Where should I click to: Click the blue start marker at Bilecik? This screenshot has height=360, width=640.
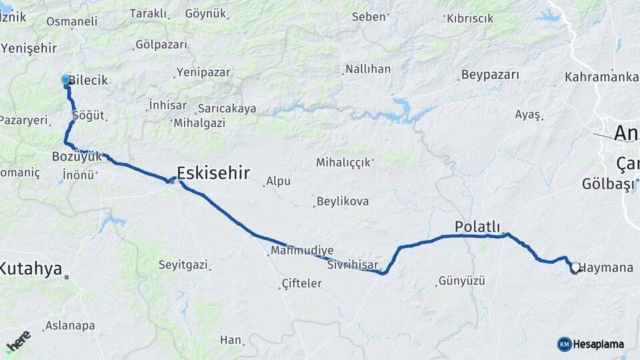(x=65, y=80)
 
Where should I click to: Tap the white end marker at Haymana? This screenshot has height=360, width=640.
(x=575, y=267)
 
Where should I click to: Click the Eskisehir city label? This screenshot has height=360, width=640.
(x=213, y=174)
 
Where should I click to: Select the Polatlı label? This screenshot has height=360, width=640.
(x=477, y=227)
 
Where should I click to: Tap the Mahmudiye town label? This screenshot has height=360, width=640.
(x=302, y=251)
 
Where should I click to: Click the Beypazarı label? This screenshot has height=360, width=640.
(x=490, y=75)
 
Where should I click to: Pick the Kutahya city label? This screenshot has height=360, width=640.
(x=31, y=269)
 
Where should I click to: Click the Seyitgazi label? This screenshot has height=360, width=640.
(x=183, y=265)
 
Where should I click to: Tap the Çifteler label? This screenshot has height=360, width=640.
(x=302, y=283)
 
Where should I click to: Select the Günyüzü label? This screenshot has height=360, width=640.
(x=461, y=281)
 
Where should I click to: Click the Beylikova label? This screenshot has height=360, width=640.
(x=343, y=201)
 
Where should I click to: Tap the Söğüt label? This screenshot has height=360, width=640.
(x=89, y=115)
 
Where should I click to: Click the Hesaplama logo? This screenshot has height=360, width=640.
(x=591, y=344)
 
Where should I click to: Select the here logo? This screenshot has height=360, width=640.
(x=18, y=341)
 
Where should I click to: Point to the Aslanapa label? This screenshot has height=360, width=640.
(x=70, y=326)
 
